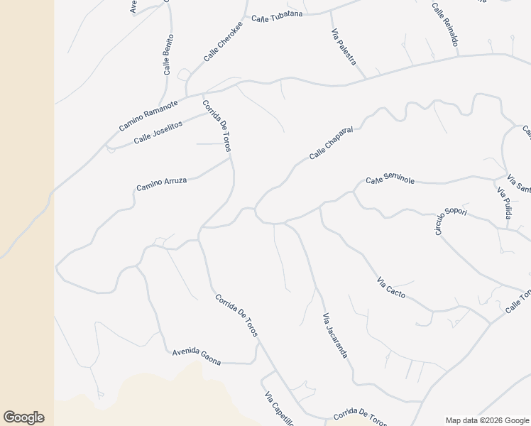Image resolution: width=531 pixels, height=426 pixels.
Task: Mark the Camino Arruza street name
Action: click(162, 184)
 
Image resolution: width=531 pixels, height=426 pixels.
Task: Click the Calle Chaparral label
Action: click(331, 143)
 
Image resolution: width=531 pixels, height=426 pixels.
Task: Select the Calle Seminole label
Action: click(390, 180)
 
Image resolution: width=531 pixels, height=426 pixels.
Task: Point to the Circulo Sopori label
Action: click(451, 221)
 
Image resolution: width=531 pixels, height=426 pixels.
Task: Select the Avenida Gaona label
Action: click(197, 357)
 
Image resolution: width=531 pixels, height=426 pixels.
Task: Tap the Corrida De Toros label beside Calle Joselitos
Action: click(217, 126)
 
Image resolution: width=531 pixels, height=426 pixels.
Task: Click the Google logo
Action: click(23, 417)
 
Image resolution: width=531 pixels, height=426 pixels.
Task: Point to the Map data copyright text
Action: click(487, 420)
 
